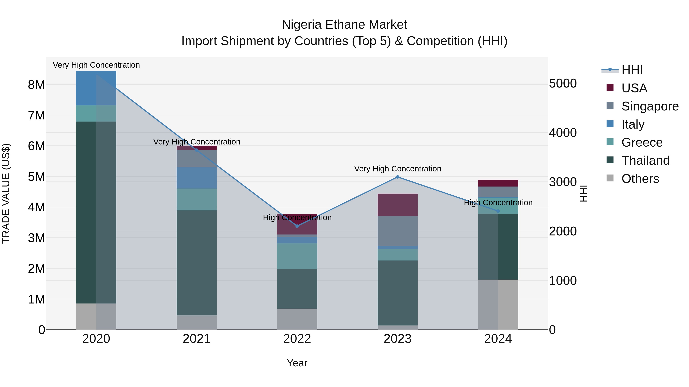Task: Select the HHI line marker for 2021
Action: pos(197,150)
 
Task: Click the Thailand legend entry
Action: pos(645,161)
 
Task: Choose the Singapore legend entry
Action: pos(650,106)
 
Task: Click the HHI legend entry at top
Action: pos(632,70)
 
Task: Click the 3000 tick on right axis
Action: pos(563,182)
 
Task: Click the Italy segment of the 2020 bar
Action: pos(96,88)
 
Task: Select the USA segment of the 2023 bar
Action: pos(398,205)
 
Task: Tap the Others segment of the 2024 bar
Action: pos(498,304)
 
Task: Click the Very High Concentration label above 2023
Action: pos(398,169)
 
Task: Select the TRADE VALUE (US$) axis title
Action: pos(6,193)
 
